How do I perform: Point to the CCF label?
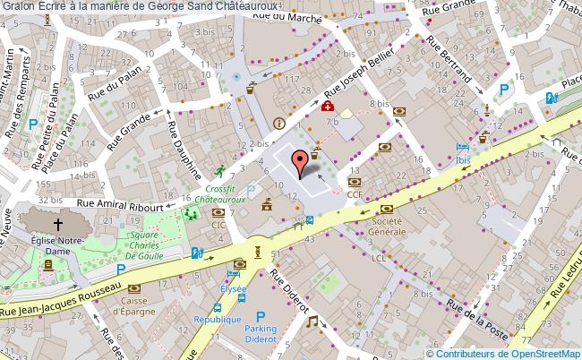[x=355, y=193]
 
